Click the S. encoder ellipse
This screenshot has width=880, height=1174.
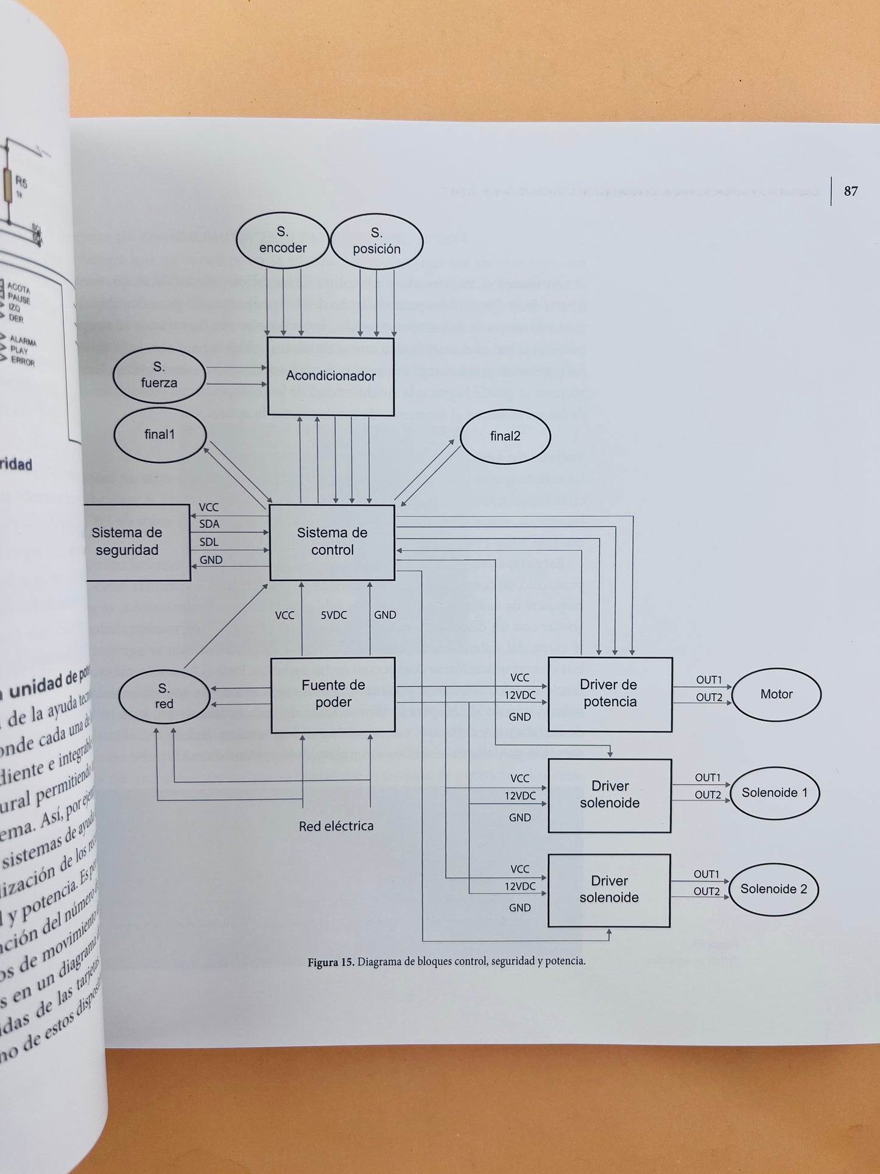pyautogui.click(x=283, y=240)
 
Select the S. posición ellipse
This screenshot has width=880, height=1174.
pyautogui.click(x=376, y=241)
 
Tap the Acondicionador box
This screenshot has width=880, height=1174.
pyautogui.click(x=331, y=376)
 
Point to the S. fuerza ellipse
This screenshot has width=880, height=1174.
pyautogui.click(x=159, y=375)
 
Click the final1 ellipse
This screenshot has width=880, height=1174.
pyautogui.click(x=160, y=434)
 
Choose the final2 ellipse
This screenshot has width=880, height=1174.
pyautogui.click(x=505, y=436)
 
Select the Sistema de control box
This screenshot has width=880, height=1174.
pyautogui.click(x=332, y=541)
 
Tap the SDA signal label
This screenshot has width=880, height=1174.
pyautogui.click(x=209, y=524)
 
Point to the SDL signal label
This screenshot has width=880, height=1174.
pyautogui.click(x=209, y=542)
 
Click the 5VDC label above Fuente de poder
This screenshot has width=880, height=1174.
pyautogui.click(x=334, y=615)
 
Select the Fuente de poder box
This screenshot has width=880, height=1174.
pyautogui.click(x=333, y=694)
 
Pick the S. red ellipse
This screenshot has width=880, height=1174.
pyautogui.click(x=164, y=696)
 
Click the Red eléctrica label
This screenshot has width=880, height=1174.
pyautogui.click(x=336, y=826)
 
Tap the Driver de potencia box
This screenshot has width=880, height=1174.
pyautogui.click(x=610, y=693)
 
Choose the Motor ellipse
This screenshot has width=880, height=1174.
pyautogui.click(x=776, y=694)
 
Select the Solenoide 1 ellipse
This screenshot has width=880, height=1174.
pyautogui.click(x=774, y=793)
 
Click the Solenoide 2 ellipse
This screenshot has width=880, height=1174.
pyautogui.click(x=773, y=889)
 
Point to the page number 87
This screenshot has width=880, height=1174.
pyautogui.click(x=851, y=191)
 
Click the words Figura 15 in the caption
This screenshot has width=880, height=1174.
pyautogui.click(x=330, y=963)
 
